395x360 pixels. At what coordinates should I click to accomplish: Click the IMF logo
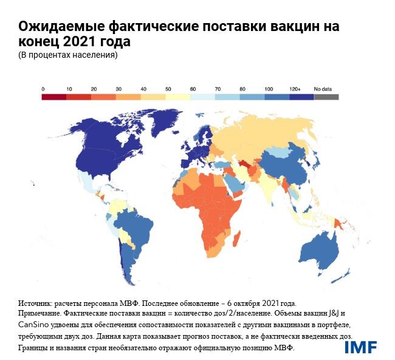(360, 347)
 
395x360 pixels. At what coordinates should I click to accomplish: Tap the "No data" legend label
(323, 89)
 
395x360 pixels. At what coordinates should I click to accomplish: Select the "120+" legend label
(296, 89)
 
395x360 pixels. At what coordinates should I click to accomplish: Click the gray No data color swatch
(326, 96)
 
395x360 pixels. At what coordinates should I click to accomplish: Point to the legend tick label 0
(43, 89)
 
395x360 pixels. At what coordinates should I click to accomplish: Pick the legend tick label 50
(168, 89)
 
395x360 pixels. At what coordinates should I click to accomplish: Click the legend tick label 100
(268, 89)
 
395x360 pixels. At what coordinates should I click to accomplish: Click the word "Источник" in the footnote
(35, 303)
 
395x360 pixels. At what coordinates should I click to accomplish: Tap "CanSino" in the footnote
(33, 325)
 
